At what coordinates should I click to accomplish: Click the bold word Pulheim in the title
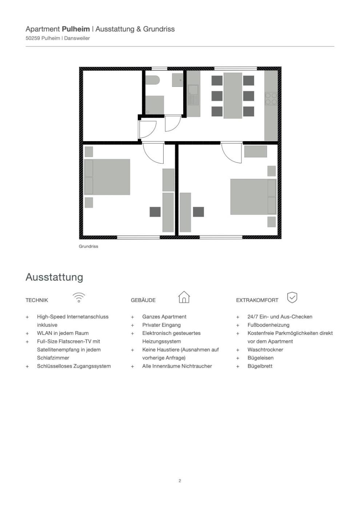tap(76, 29)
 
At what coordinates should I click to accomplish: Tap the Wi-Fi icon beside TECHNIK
tap(79, 298)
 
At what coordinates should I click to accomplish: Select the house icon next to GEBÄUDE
tap(184, 297)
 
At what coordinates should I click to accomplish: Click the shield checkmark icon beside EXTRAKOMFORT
tap(292, 297)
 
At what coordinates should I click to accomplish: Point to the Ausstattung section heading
tap(54, 277)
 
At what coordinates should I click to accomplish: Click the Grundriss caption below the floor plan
tap(88, 247)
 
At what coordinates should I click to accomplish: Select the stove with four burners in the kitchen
tap(271, 99)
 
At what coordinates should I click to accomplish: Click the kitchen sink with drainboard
tap(193, 96)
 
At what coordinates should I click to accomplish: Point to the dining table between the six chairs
tap(233, 95)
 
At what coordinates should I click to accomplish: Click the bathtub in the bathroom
tap(152, 80)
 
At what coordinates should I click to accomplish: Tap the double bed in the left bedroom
tap(107, 177)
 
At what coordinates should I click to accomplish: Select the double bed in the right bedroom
tap(253, 197)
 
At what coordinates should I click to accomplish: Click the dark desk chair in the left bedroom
tap(155, 212)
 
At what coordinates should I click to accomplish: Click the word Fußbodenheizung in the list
tap(268, 325)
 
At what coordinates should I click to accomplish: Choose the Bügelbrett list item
tap(260, 366)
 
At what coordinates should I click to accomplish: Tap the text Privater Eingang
tap(161, 325)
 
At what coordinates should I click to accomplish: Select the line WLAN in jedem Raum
tap(63, 333)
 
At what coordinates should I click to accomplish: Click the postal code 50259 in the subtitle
tap(33, 38)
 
